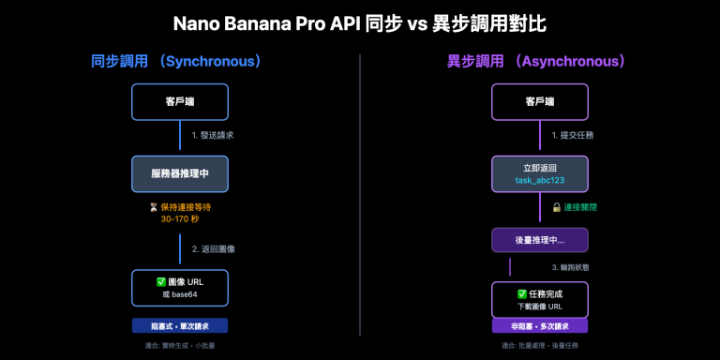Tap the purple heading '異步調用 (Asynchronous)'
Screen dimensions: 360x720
click(x=535, y=62)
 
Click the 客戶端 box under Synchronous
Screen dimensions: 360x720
click(x=179, y=101)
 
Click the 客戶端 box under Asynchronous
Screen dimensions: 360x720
click(x=540, y=101)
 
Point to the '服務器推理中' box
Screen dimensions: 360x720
click(x=179, y=173)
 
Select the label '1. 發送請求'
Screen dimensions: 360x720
click(x=212, y=135)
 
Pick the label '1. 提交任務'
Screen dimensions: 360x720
click(x=572, y=135)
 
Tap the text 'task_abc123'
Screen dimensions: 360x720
click(x=540, y=180)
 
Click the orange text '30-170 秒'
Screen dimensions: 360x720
click(x=179, y=219)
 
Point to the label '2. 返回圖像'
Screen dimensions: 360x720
click(x=213, y=249)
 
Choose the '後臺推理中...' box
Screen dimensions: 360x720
click(x=540, y=240)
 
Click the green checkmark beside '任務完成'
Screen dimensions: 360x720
click(x=522, y=293)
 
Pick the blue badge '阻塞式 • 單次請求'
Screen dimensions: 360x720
click(x=179, y=326)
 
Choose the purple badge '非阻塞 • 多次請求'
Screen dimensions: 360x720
click(x=540, y=326)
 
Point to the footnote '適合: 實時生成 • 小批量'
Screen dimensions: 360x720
click(x=179, y=346)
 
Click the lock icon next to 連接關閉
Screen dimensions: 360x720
click(x=557, y=207)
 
